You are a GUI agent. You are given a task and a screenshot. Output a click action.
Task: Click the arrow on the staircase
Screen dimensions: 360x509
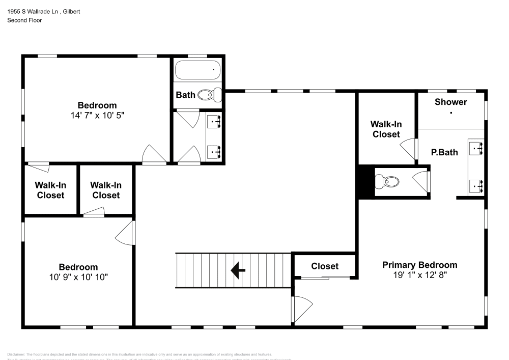[x=238, y=270]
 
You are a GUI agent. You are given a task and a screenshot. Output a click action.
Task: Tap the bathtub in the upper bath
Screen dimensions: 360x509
[x=198, y=69]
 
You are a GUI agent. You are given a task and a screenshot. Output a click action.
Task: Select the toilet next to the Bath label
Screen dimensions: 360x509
[x=211, y=94]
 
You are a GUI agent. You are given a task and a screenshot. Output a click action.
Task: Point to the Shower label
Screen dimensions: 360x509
[x=450, y=102]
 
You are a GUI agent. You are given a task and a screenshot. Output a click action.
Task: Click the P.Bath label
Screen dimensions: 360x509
[x=444, y=152]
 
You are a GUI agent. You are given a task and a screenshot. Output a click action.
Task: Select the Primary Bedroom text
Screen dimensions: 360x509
[x=419, y=265]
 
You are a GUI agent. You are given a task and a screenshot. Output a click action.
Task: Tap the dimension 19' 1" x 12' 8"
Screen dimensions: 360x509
[x=419, y=275]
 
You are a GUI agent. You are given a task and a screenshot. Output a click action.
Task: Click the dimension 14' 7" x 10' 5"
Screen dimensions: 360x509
[x=97, y=116]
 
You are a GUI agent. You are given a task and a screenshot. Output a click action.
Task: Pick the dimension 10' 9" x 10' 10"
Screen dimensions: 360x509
[x=78, y=277]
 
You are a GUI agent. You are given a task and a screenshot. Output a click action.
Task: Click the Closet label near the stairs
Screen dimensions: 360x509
[x=325, y=266]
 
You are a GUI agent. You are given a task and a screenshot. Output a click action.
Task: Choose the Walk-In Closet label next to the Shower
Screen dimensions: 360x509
[x=386, y=129]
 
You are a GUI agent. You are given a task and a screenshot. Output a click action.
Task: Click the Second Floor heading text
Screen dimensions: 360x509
[x=24, y=20]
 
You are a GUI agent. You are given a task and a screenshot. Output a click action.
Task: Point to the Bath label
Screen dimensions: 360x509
[x=185, y=95]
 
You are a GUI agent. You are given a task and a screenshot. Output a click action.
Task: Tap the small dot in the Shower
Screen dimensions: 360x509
[x=450, y=113]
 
